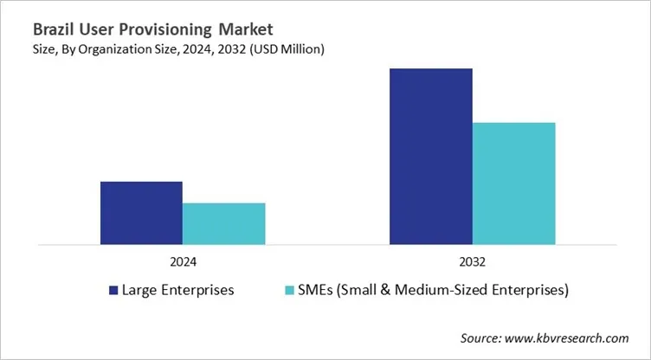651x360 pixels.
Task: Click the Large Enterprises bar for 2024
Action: point(141,213)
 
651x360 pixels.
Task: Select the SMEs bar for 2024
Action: point(223,223)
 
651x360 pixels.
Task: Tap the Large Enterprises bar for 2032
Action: point(430,156)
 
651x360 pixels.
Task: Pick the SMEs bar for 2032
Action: point(513,183)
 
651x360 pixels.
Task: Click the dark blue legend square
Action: point(113,290)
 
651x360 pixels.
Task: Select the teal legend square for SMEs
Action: point(291,290)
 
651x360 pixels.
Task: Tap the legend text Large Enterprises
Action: point(179,290)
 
